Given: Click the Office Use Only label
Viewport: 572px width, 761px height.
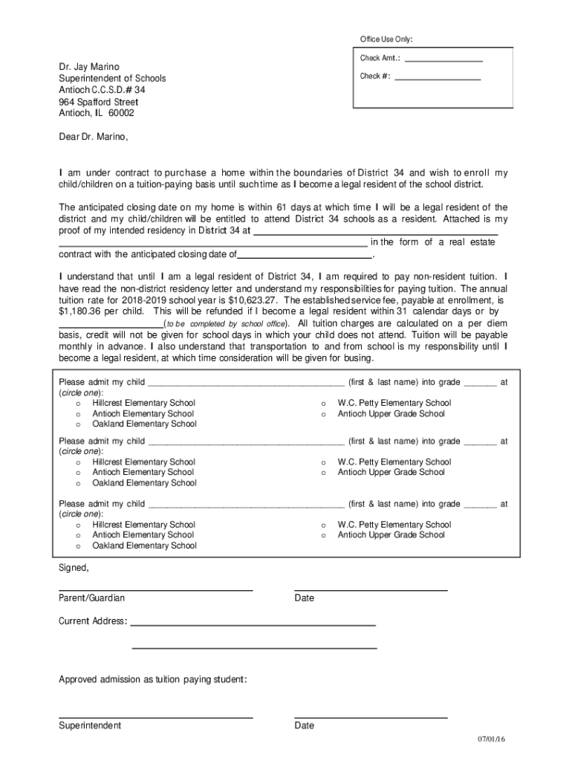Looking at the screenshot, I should (386, 39).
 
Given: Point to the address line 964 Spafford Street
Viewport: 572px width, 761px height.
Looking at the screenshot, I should (98, 102).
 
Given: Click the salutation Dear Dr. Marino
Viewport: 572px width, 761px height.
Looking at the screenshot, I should (94, 137).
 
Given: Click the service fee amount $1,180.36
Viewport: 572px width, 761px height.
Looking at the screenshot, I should (84, 311).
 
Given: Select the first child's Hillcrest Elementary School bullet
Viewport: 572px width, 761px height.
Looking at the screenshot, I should (77, 404).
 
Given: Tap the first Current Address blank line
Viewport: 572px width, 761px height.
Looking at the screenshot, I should (253, 624).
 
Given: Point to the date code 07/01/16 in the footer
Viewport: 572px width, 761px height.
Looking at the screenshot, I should (491, 739).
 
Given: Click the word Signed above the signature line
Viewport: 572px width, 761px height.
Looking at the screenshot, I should (74, 568).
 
